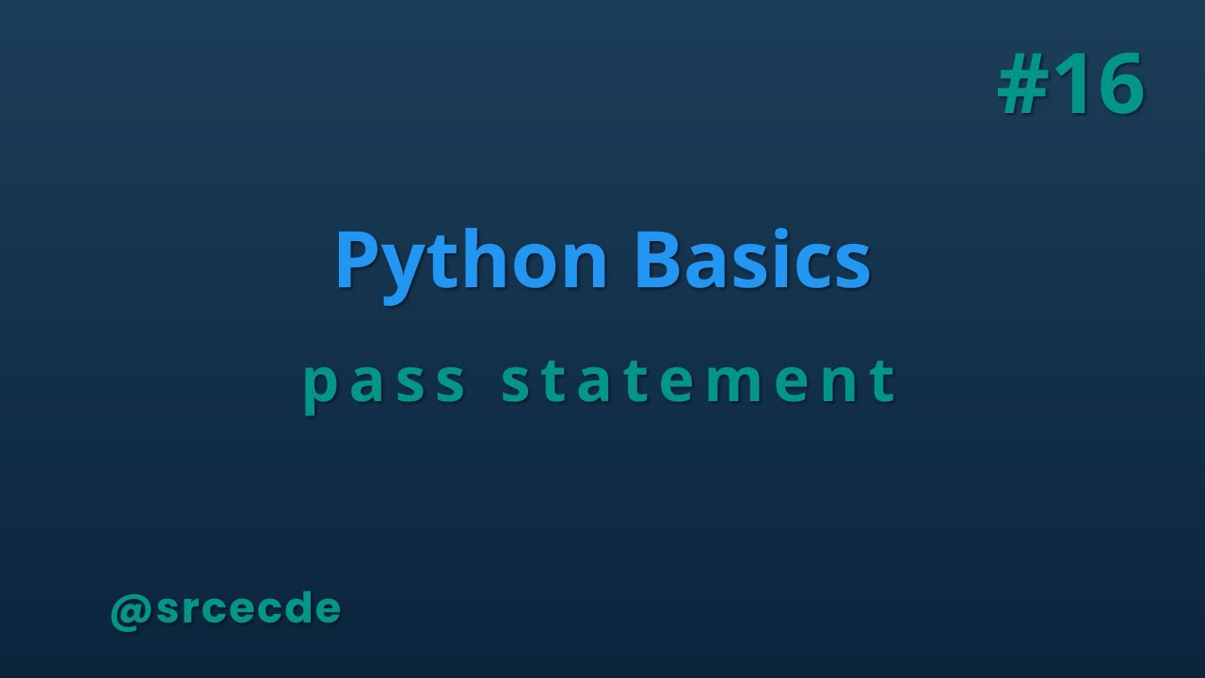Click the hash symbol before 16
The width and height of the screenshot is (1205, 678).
(x=1022, y=85)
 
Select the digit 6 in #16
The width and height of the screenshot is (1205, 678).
(x=1117, y=85)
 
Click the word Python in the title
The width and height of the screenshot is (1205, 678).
(x=471, y=261)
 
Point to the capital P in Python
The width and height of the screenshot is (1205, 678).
(x=355, y=261)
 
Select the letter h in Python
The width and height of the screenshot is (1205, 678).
(x=480, y=261)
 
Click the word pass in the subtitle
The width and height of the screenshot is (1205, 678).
(x=385, y=382)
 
